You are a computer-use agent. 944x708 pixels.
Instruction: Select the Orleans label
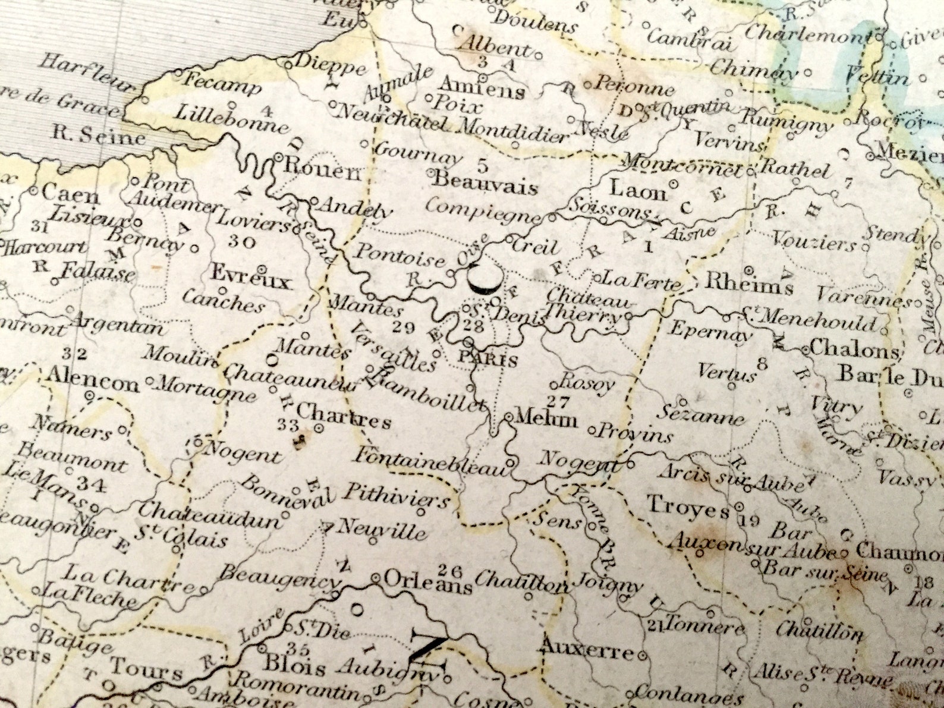428,583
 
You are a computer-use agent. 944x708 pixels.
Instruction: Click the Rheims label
748,284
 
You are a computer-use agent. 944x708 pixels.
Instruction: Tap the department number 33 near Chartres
289,424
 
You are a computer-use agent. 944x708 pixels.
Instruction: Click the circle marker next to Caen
33,192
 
